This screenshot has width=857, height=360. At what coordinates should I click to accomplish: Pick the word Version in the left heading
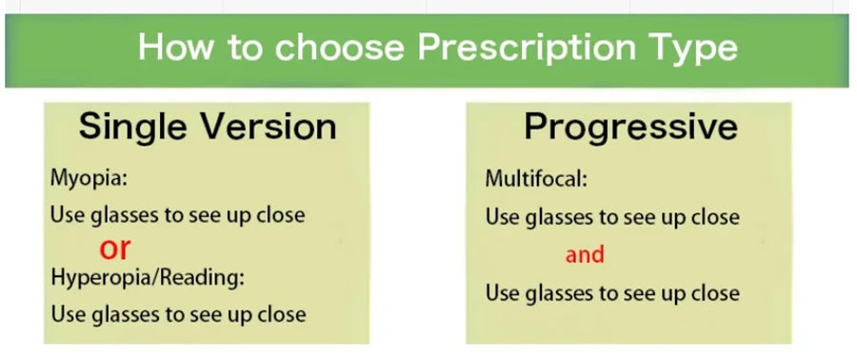click(272, 127)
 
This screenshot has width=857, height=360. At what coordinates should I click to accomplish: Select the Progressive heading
click(630, 127)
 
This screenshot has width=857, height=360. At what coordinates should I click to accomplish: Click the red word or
click(114, 248)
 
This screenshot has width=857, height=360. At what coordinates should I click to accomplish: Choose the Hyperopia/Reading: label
click(148, 277)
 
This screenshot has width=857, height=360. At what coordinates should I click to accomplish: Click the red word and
click(585, 254)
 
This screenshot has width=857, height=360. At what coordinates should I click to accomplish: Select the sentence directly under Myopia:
click(177, 215)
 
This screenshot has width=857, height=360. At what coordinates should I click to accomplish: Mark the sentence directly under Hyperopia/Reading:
click(178, 313)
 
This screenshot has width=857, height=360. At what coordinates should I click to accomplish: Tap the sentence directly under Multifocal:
click(612, 217)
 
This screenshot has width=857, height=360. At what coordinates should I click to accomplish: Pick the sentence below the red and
click(612, 292)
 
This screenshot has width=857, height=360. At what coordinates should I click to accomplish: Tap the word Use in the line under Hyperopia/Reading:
click(66, 313)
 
